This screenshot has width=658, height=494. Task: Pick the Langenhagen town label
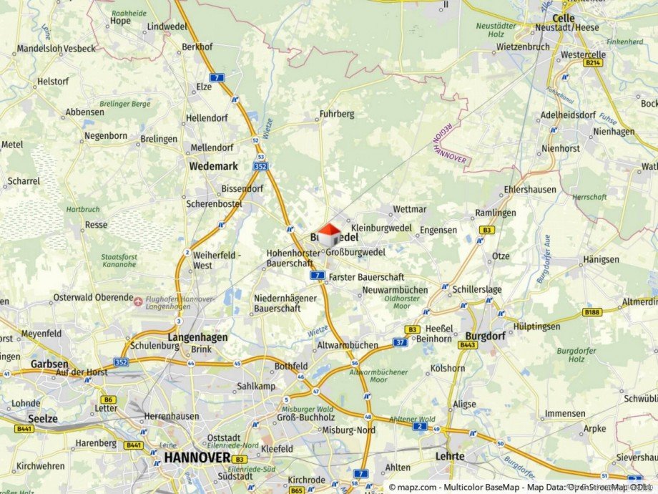pos(197,337)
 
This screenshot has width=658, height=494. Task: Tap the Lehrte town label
pos(450,455)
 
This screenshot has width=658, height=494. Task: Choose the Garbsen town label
pos(49,364)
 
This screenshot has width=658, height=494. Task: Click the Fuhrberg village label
pos(337,114)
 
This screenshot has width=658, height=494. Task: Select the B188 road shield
pos(591,312)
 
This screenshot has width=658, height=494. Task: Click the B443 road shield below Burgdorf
pos(468,345)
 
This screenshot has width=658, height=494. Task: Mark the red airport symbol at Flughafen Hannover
pos(138,301)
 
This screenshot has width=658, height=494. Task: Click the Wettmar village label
pos(410,210)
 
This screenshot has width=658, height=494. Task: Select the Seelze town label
pos(42,418)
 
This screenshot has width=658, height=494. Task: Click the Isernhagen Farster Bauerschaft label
pos(366,277)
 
